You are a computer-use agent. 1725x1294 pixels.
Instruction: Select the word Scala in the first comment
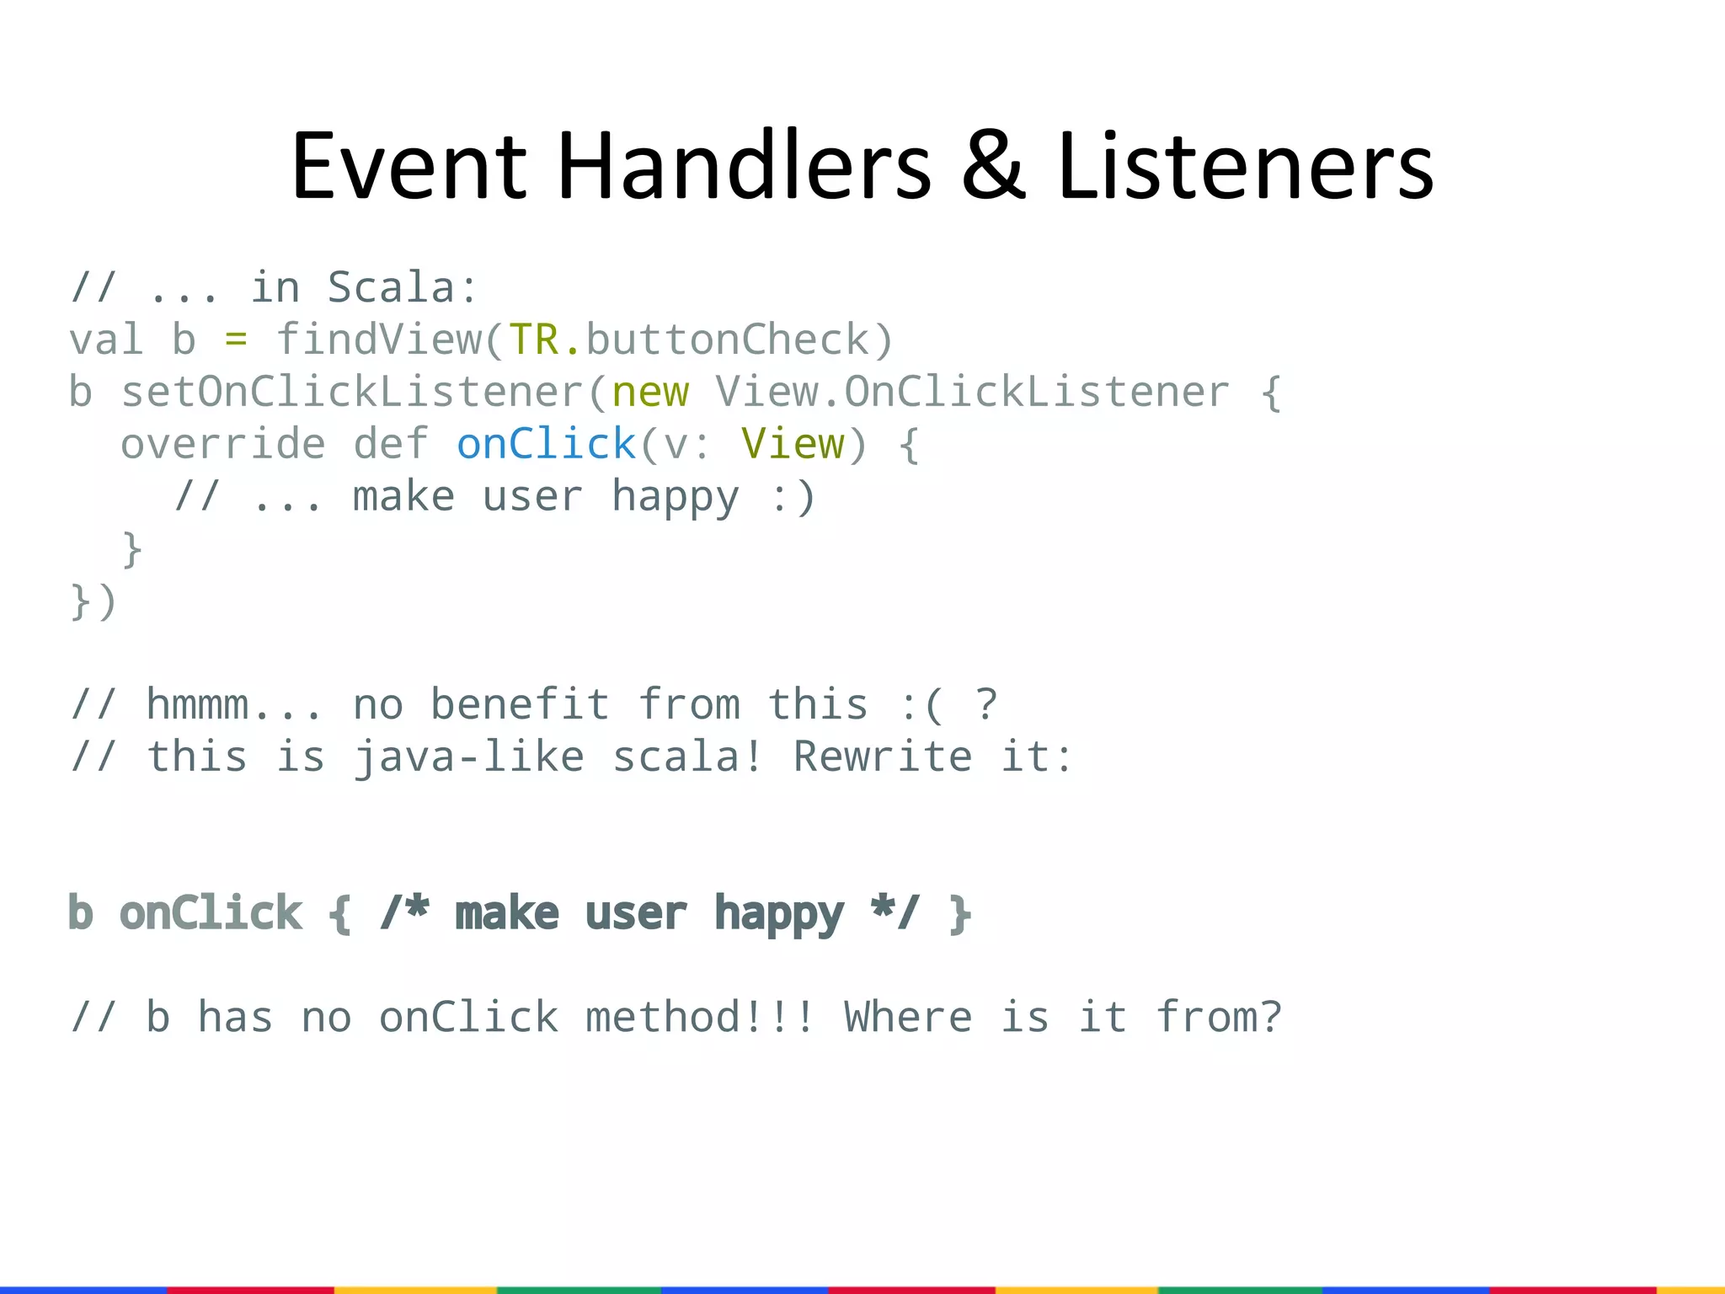click(392, 288)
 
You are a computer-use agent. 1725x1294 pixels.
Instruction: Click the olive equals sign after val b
click(236, 340)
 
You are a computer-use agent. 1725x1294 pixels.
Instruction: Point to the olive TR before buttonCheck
click(534, 340)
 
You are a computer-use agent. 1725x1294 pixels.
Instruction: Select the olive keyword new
click(650, 393)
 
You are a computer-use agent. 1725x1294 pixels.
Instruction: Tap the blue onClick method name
click(546, 445)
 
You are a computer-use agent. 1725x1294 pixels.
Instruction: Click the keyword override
click(222, 445)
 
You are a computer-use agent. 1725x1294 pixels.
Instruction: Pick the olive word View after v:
click(793, 445)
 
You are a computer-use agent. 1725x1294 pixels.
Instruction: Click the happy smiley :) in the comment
click(793, 497)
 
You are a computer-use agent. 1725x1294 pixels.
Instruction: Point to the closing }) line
click(93, 602)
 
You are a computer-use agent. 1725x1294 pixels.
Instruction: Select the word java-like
click(468, 757)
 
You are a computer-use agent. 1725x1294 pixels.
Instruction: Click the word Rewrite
click(883, 757)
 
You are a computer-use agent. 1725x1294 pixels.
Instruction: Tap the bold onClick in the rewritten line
click(211, 914)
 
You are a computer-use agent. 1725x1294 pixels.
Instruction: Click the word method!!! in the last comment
click(699, 1018)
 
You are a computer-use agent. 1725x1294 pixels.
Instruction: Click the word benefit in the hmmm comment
click(520, 705)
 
